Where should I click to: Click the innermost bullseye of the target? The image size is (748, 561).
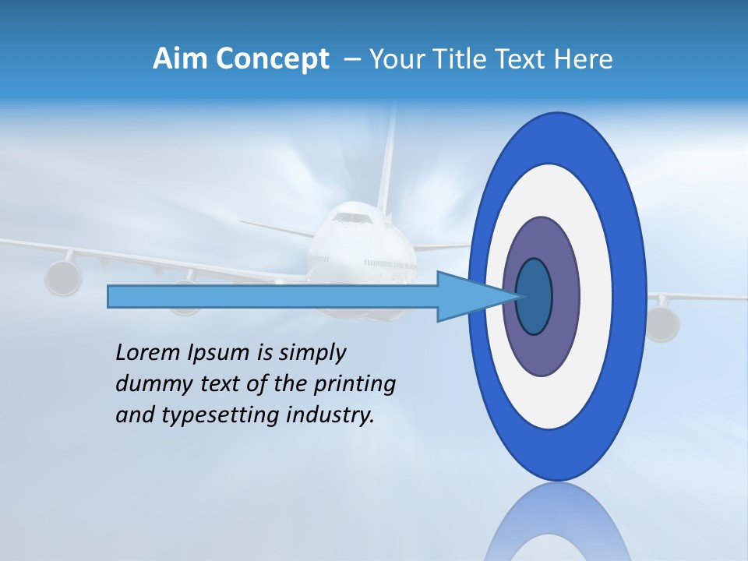click(x=535, y=296)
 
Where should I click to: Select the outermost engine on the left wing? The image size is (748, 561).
click(x=62, y=277)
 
